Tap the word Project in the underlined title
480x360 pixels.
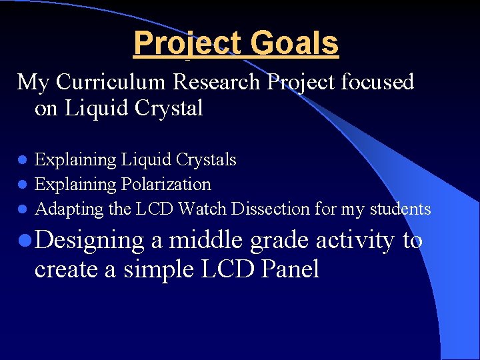[187, 43]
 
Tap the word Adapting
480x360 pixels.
[69, 209]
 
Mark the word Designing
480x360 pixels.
[89, 241]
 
